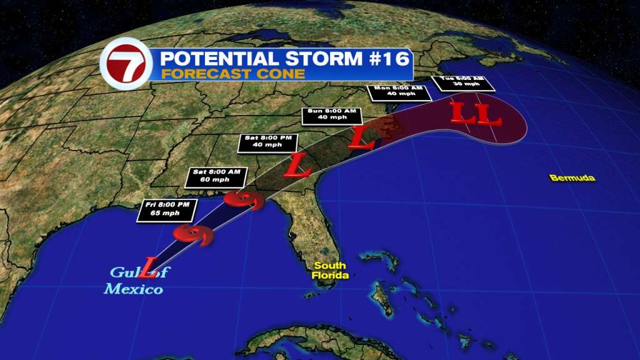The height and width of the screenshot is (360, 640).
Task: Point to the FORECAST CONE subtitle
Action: click(232, 74)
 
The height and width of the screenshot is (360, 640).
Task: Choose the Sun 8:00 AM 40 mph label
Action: click(332, 115)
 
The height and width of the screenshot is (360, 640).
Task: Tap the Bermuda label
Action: click(572, 178)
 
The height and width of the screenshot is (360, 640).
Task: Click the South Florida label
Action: click(330, 270)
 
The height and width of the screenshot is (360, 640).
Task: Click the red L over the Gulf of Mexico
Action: click(148, 267)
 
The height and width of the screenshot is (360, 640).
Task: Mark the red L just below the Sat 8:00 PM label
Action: click(297, 164)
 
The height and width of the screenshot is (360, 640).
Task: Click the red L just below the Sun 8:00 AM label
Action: click(361, 137)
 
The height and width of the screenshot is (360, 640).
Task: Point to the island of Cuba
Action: click(294, 342)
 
